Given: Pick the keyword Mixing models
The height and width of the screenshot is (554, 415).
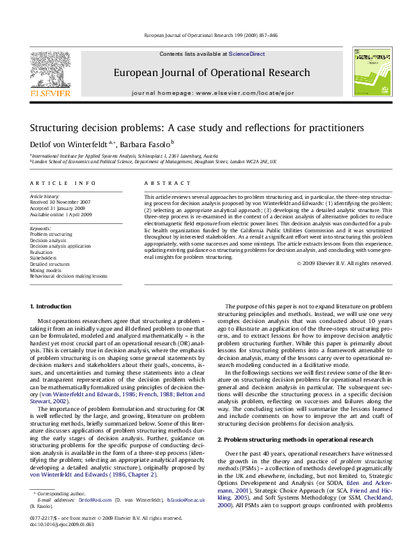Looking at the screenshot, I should pyautogui.click(x=46, y=270).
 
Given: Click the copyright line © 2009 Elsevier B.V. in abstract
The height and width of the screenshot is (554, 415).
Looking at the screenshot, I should pyautogui.click(x=344, y=263).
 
